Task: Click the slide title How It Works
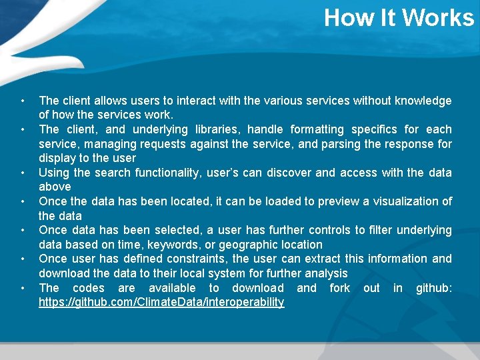click(x=399, y=17)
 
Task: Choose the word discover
click(x=289, y=173)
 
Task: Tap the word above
click(x=55, y=187)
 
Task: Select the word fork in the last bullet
click(x=339, y=288)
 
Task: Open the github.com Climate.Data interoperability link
click(x=161, y=303)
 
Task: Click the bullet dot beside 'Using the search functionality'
click(x=23, y=173)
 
